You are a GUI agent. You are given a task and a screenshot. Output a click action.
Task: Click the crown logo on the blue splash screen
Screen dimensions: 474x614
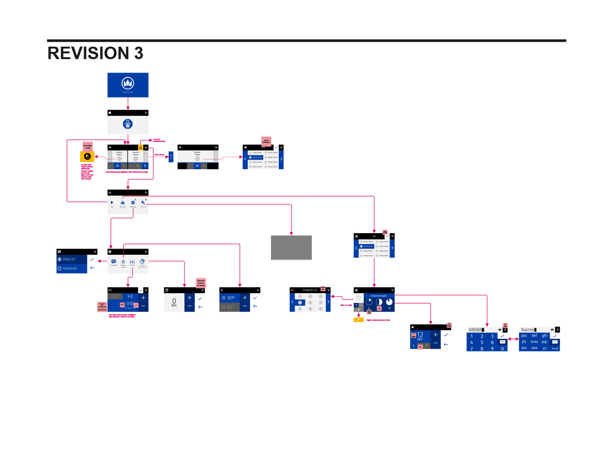(x=128, y=83)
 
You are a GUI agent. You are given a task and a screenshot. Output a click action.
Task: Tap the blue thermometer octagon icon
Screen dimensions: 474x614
(x=128, y=124)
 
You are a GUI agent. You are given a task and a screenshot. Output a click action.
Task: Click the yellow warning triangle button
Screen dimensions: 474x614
(x=141, y=148)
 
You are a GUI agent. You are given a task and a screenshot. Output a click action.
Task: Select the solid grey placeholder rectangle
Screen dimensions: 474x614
(x=291, y=248)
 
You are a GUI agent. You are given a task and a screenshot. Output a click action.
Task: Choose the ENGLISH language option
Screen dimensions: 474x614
(x=69, y=259)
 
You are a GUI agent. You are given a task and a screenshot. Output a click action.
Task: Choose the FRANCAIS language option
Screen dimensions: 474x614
(x=70, y=269)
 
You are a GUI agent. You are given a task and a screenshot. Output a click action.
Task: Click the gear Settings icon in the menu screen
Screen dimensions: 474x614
(x=133, y=203)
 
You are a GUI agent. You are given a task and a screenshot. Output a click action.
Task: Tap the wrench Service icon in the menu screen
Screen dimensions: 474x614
(x=143, y=203)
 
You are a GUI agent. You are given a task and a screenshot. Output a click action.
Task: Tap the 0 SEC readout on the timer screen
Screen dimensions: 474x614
(x=174, y=302)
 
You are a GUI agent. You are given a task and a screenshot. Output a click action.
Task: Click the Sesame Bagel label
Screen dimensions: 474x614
(x=379, y=296)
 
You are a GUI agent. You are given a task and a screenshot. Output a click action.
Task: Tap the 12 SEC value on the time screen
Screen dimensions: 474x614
(x=420, y=336)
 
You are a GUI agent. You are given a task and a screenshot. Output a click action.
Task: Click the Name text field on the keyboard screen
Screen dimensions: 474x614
(x=528, y=330)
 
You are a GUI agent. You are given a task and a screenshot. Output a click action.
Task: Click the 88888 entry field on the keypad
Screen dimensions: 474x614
(x=476, y=330)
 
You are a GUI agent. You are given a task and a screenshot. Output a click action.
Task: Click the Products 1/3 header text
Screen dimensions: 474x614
(x=310, y=290)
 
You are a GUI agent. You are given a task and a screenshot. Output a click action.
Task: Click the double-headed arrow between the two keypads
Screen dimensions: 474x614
(x=513, y=339)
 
